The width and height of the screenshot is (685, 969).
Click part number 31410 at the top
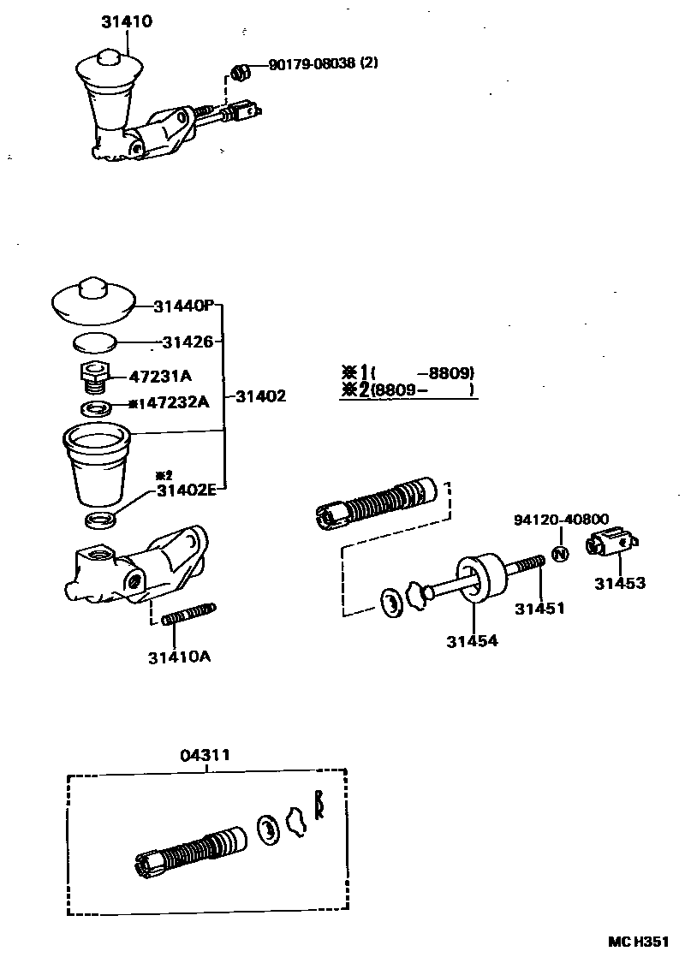pyautogui.click(x=127, y=21)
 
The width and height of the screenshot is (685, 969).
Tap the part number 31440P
pyautogui.click(x=184, y=306)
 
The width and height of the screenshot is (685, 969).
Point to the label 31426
pyautogui.click(x=188, y=342)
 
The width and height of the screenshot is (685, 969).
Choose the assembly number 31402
pyautogui.click(x=260, y=396)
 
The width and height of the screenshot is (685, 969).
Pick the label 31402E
pyautogui.click(x=185, y=490)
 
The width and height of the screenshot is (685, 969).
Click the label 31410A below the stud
pyautogui.click(x=178, y=657)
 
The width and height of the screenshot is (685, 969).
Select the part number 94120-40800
pyautogui.click(x=561, y=520)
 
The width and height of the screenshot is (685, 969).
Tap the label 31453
pyautogui.click(x=620, y=584)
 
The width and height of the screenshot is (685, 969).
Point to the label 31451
pyautogui.click(x=539, y=609)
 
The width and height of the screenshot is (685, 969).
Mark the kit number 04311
pyautogui.click(x=205, y=755)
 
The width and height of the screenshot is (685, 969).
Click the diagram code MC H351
pyautogui.click(x=638, y=941)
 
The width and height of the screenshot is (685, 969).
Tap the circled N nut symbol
pyautogui.click(x=560, y=554)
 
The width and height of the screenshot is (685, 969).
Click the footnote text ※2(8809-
pyautogui.click(x=408, y=390)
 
